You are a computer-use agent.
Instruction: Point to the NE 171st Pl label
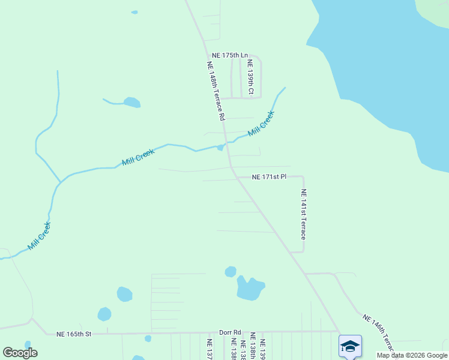(269, 177)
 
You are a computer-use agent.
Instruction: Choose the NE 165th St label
(73, 334)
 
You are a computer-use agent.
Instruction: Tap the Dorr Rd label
(229, 332)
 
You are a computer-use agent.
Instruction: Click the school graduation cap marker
(350, 346)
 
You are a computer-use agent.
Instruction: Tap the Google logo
(20, 353)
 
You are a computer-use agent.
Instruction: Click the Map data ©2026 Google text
(412, 355)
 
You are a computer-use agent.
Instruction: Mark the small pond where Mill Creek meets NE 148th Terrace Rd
(220, 148)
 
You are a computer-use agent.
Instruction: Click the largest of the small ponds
(250, 289)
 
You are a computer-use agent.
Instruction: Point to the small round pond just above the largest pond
(231, 272)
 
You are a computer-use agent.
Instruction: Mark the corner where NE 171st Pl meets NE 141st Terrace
(303, 177)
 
